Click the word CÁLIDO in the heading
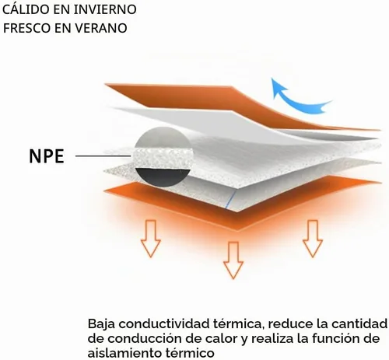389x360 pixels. (26, 9)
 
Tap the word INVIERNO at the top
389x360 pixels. (105, 9)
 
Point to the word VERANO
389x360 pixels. (101, 28)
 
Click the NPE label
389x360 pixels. (47, 156)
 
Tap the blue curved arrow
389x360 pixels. (298, 100)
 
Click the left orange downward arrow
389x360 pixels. (151, 239)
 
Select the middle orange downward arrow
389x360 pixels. (233, 260)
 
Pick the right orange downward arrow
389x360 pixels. (313, 239)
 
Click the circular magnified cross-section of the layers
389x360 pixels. (163, 156)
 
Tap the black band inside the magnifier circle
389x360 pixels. (163, 177)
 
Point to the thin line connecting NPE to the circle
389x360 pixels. (103, 156)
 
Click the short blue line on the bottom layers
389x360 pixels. (230, 200)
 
